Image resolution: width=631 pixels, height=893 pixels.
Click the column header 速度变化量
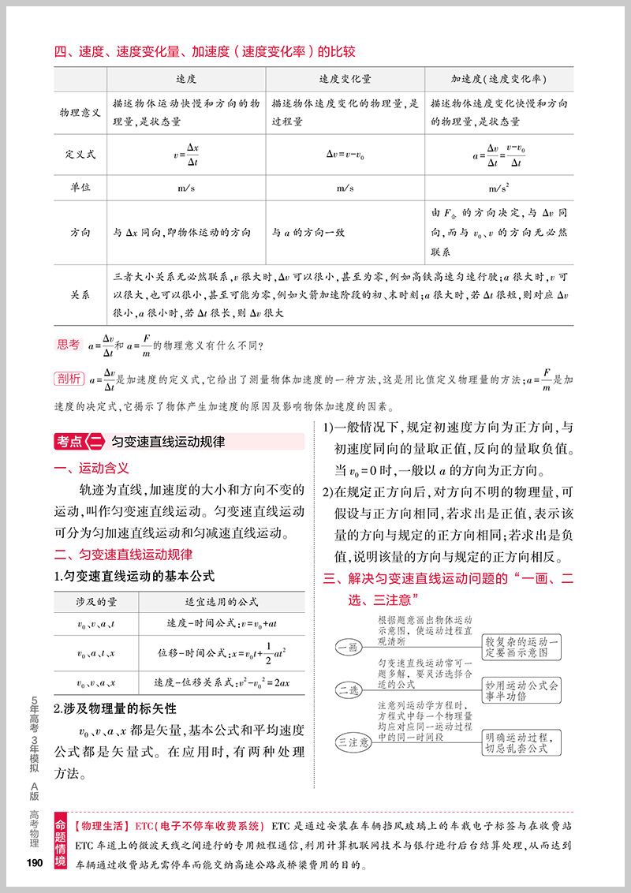(x=345, y=80)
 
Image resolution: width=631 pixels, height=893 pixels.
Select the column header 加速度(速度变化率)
(x=498, y=80)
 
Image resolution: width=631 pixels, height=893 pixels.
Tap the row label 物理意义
(x=80, y=113)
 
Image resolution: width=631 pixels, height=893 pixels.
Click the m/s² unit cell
(x=498, y=188)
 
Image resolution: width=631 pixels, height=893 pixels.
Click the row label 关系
(x=80, y=294)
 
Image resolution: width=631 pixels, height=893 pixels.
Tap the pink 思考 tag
(x=69, y=344)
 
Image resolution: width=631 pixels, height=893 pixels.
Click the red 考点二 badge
(x=80, y=442)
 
